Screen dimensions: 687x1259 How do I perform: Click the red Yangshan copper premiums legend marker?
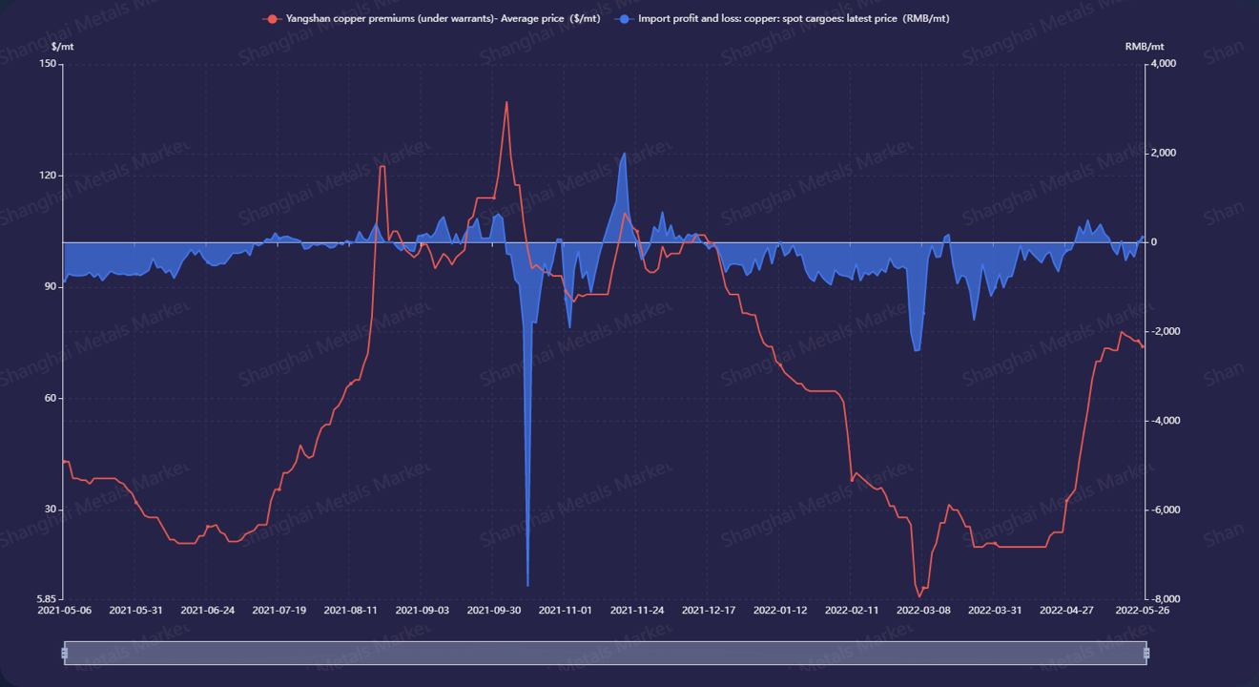[273, 19]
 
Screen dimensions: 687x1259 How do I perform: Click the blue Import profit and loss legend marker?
[624, 19]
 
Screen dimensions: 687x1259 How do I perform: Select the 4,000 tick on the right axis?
[1165, 64]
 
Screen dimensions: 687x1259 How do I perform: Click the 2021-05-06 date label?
[64, 611]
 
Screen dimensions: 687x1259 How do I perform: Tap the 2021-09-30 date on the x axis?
[494, 611]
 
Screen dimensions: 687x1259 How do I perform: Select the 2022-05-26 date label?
[1143, 611]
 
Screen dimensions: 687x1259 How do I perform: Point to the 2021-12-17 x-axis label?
[709, 611]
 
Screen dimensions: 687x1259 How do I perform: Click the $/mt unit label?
[63, 46]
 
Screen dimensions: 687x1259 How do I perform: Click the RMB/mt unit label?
[1145, 46]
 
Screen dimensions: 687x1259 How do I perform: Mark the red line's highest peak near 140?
[506, 102]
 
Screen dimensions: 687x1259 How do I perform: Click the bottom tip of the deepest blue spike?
[527, 586]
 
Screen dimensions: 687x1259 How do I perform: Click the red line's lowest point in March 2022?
[919, 596]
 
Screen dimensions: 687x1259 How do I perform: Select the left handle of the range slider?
[65, 653]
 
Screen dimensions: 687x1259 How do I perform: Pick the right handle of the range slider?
[1146, 653]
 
